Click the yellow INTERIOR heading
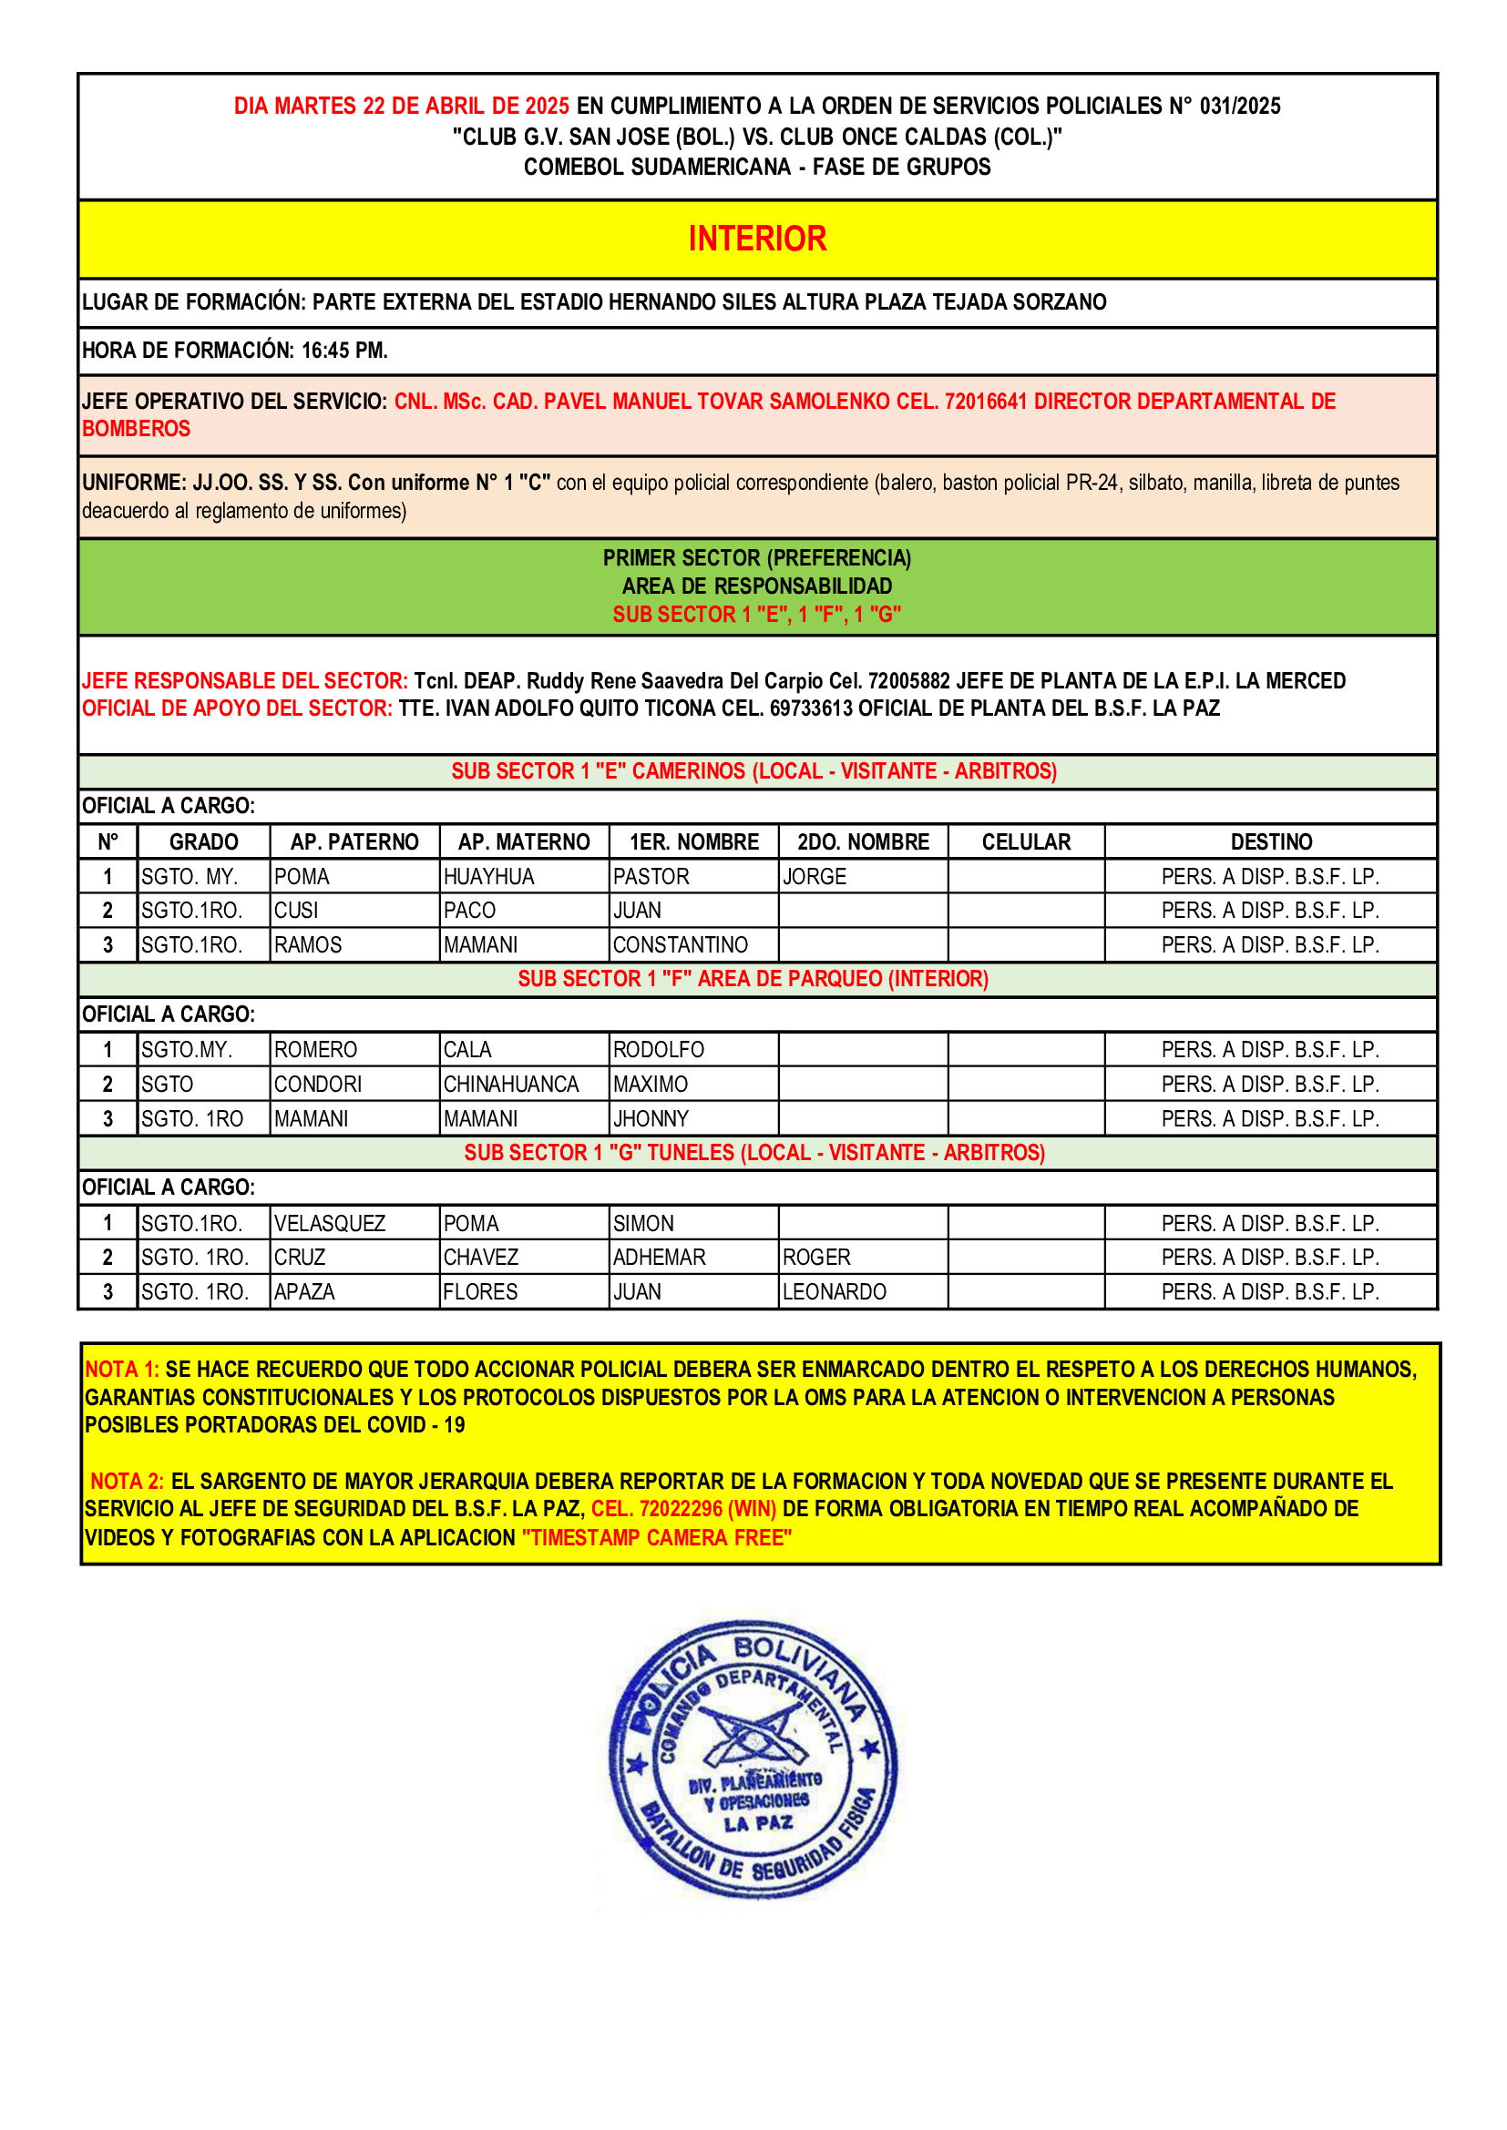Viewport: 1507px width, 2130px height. pos(756,239)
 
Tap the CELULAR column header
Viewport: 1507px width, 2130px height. pos(1025,841)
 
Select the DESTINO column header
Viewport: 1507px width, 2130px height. pos(1270,841)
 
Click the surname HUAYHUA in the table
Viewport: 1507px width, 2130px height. pos(489,876)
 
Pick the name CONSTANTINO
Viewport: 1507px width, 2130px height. pos(681,944)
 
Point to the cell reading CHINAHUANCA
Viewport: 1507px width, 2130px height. pos(510,1084)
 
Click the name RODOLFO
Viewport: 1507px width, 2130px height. pos(658,1049)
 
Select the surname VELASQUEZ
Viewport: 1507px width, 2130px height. pos(330,1223)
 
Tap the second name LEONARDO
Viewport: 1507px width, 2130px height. pos(835,1291)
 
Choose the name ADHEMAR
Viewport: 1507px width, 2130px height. pos(659,1257)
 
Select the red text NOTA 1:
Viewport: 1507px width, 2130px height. pos(121,1370)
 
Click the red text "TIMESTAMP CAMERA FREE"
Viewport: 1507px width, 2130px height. pos(656,1537)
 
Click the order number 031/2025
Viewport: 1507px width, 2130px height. pos(1239,106)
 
